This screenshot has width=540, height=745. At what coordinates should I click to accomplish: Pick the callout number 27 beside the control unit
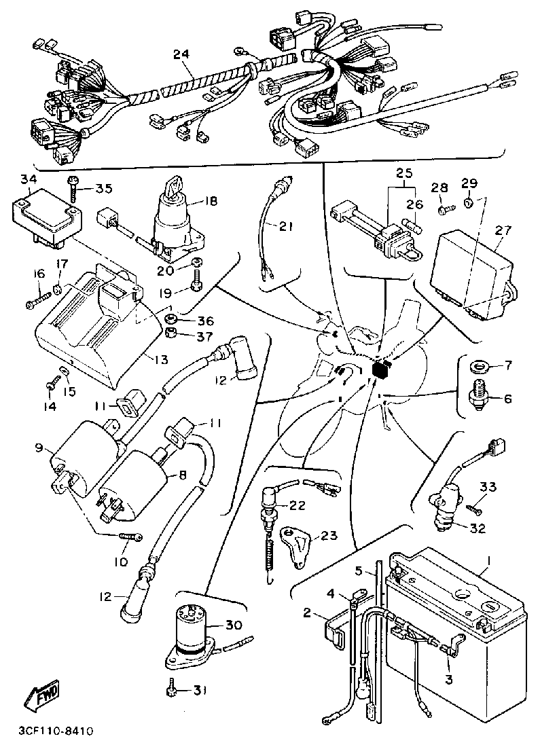tap(503, 231)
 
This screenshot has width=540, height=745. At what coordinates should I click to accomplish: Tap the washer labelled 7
tap(482, 367)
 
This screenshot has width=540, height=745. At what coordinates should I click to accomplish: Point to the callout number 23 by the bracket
tap(329, 536)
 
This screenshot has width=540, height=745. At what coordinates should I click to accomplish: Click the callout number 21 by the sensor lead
tap(287, 226)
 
